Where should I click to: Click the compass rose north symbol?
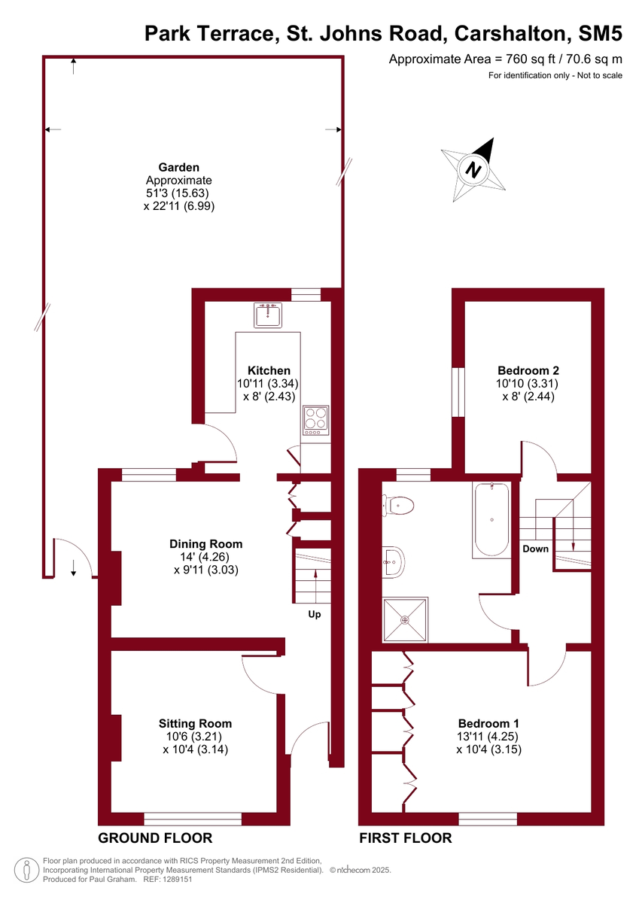click(x=472, y=168)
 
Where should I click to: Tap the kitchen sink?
click(x=267, y=315)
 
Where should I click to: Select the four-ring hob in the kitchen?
click(x=316, y=421)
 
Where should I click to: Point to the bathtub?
click(x=491, y=519)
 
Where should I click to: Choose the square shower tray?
click(x=406, y=619)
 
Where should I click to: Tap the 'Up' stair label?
click(x=315, y=614)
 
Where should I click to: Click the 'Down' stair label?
click(x=536, y=549)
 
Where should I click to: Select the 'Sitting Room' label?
click(x=195, y=724)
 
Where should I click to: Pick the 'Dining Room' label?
click(x=205, y=544)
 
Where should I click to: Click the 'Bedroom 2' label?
click(x=528, y=370)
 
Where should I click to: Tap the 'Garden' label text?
click(x=178, y=168)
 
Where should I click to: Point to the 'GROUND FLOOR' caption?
click(x=155, y=838)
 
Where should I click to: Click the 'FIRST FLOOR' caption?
click(x=406, y=838)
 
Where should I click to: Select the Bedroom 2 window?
click(x=456, y=392)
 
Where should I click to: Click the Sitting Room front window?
click(x=193, y=819)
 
